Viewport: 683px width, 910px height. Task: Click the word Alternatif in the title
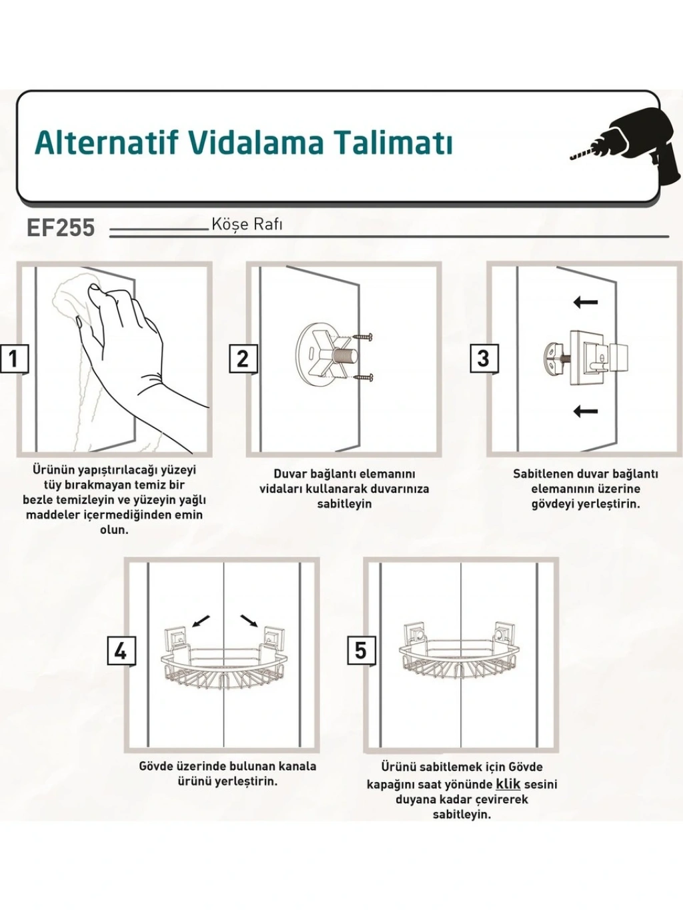(x=107, y=142)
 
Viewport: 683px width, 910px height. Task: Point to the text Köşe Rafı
(x=247, y=225)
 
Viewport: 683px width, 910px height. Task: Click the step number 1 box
(x=14, y=358)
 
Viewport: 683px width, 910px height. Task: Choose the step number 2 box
(x=243, y=358)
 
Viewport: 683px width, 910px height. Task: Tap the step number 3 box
(x=484, y=358)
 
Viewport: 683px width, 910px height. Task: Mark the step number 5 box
(x=361, y=649)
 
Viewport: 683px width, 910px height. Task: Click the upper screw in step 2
(x=364, y=338)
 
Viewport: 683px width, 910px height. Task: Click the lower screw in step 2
(x=364, y=377)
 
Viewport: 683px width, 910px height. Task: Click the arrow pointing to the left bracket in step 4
(x=199, y=633)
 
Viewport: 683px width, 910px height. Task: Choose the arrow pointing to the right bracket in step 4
(x=250, y=633)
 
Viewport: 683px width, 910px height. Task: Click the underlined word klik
(x=508, y=785)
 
